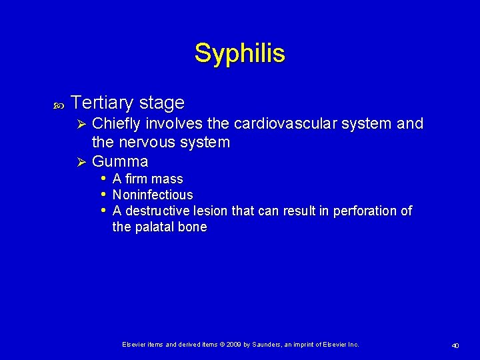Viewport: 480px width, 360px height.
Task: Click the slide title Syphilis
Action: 239,53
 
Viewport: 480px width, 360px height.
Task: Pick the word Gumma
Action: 120,161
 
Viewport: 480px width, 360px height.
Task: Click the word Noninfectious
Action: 153,195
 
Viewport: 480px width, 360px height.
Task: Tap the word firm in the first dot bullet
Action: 136,179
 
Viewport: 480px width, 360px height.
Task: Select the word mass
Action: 167,179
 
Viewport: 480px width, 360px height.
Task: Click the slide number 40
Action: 455,345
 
